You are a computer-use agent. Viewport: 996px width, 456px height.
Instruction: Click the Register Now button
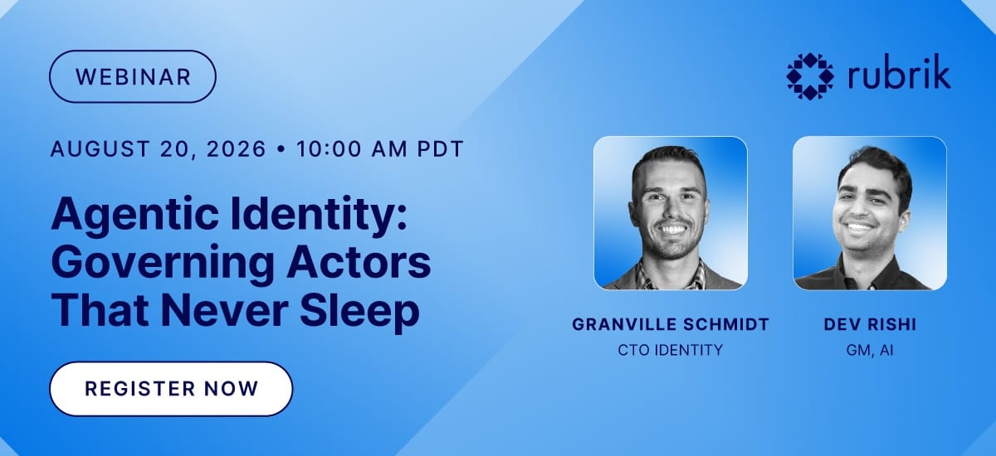click(171, 389)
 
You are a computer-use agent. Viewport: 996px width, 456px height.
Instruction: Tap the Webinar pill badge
click(133, 76)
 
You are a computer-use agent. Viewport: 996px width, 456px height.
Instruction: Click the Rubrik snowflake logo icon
click(810, 76)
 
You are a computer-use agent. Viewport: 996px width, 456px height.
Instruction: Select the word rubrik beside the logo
click(899, 71)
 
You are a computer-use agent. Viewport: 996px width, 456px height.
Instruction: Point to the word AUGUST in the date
click(100, 148)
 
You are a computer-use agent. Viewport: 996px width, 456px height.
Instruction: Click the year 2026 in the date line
click(236, 148)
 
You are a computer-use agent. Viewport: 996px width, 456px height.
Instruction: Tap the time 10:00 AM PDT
click(380, 148)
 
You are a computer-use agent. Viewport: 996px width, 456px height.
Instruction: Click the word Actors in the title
click(359, 262)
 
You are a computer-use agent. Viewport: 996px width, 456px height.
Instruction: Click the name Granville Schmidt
click(671, 324)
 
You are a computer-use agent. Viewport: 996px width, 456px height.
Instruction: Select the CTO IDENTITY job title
click(671, 351)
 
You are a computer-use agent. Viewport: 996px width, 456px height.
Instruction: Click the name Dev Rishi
click(870, 324)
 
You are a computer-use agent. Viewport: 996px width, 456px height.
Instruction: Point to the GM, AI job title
click(870, 351)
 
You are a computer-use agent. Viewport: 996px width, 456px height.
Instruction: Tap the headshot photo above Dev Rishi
click(870, 213)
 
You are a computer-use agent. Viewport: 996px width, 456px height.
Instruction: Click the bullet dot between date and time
click(281, 148)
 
